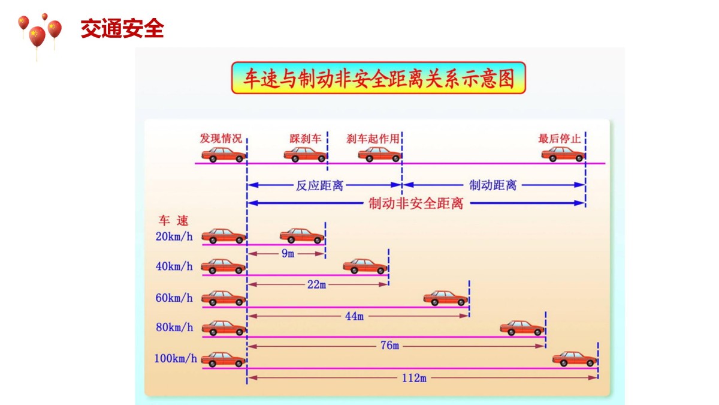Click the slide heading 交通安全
[x=122, y=28]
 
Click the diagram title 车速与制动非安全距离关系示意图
[x=379, y=78]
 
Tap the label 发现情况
[x=221, y=139]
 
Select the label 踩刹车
[x=305, y=139]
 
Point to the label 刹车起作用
[x=373, y=139]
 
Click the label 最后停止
[x=560, y=139]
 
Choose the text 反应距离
[x=320, y=185]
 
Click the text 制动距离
[x=493, y=185]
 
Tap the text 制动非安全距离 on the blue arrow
[x=416, y=203]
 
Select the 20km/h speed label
[x=174, y=236]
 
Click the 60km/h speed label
[x=174, y=298]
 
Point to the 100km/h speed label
[x=176, y=359]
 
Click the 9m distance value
[x=288, y=254]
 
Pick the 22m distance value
[x=316, y=284]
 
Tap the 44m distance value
[x=354, y=316]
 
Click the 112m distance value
[x=414, y=378]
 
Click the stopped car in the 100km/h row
[x=575, y=359]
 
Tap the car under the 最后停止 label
[x=563, y=154]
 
